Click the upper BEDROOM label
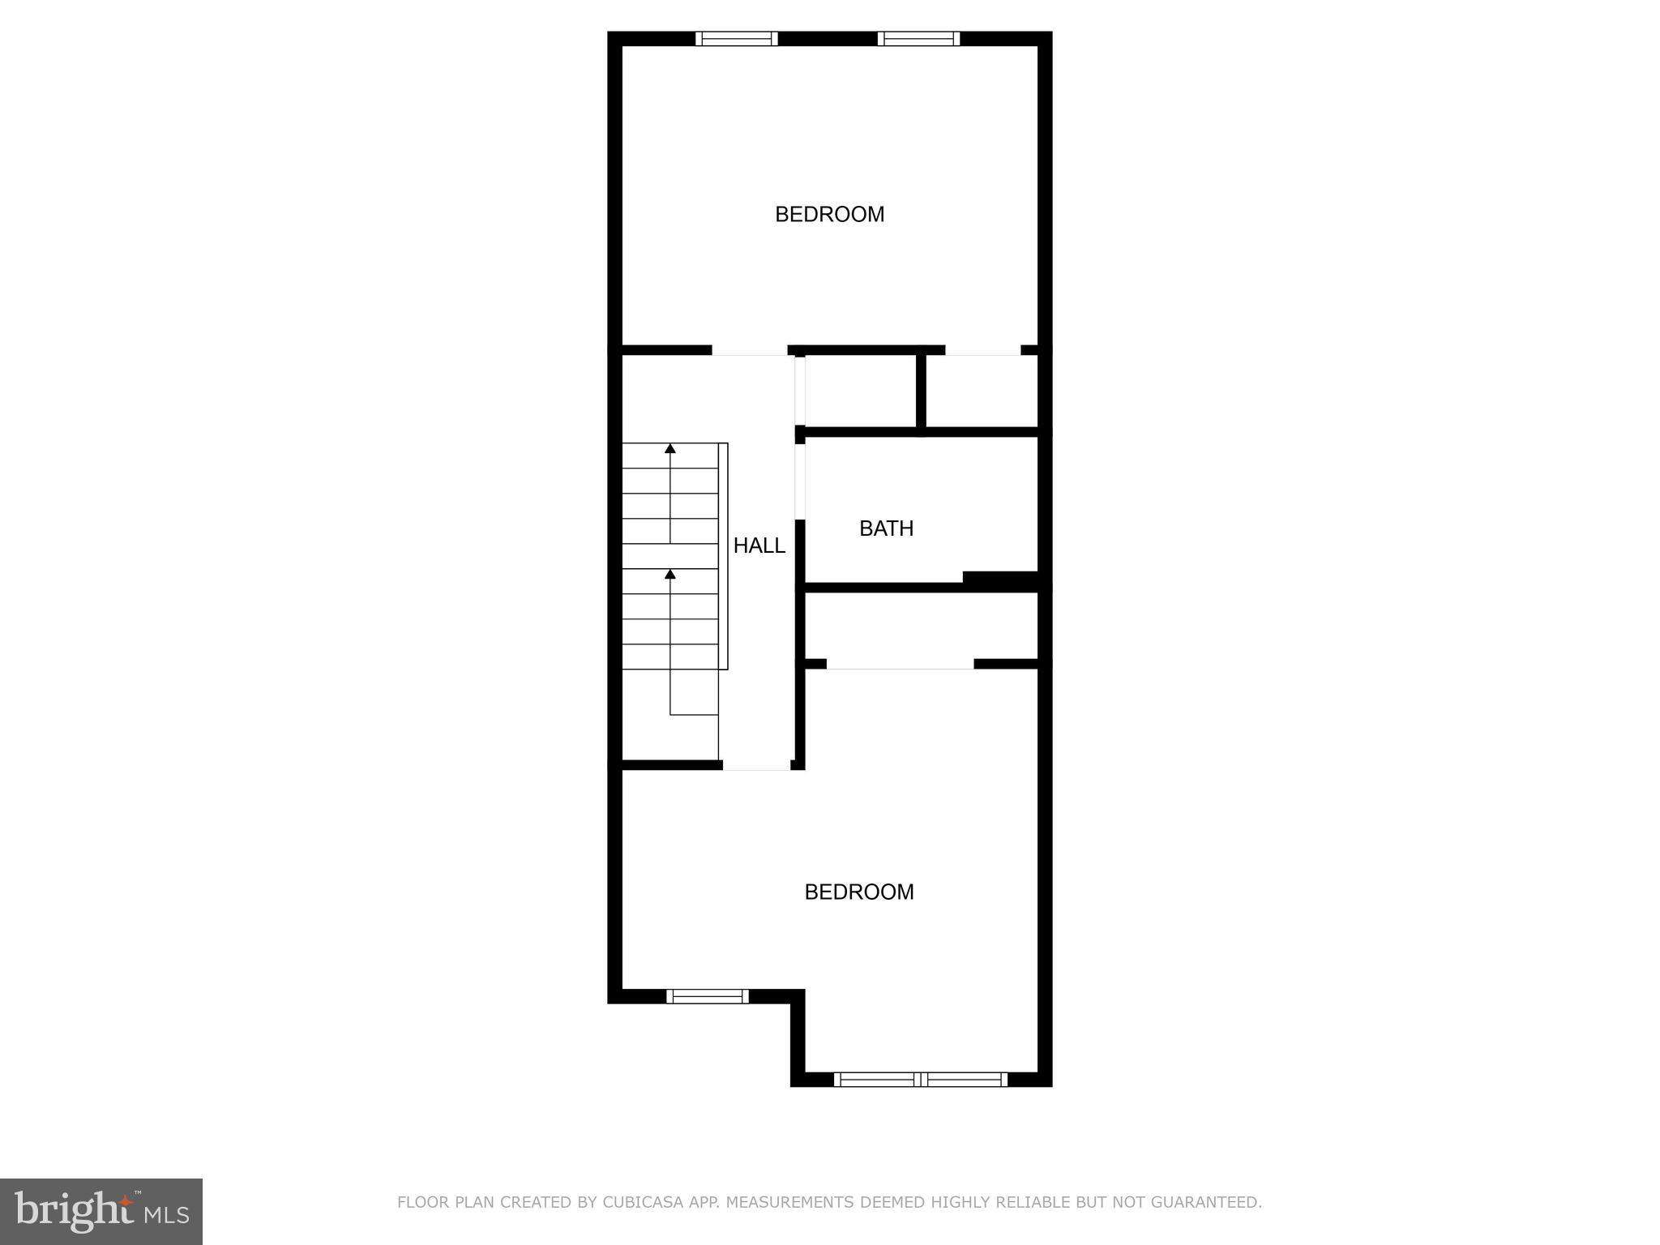pos(829,214)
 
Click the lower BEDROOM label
pos(858,892)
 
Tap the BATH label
pos(886,528)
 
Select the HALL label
pos(759,545)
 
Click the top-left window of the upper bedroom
pos(736,38)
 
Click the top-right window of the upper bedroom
pos(918,38)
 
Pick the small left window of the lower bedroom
pos(707,996)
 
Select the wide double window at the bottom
pos(920,1079)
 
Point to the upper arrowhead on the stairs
pos(670,448)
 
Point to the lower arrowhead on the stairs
pos(670,574)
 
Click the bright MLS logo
pos(101,1211)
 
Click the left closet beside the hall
pos(860,391)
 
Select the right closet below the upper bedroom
pos(982,391)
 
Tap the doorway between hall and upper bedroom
pos(750,351)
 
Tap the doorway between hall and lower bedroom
pos(756,764)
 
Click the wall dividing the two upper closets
pos(921,391)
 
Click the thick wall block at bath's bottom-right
pos(1001,579)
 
